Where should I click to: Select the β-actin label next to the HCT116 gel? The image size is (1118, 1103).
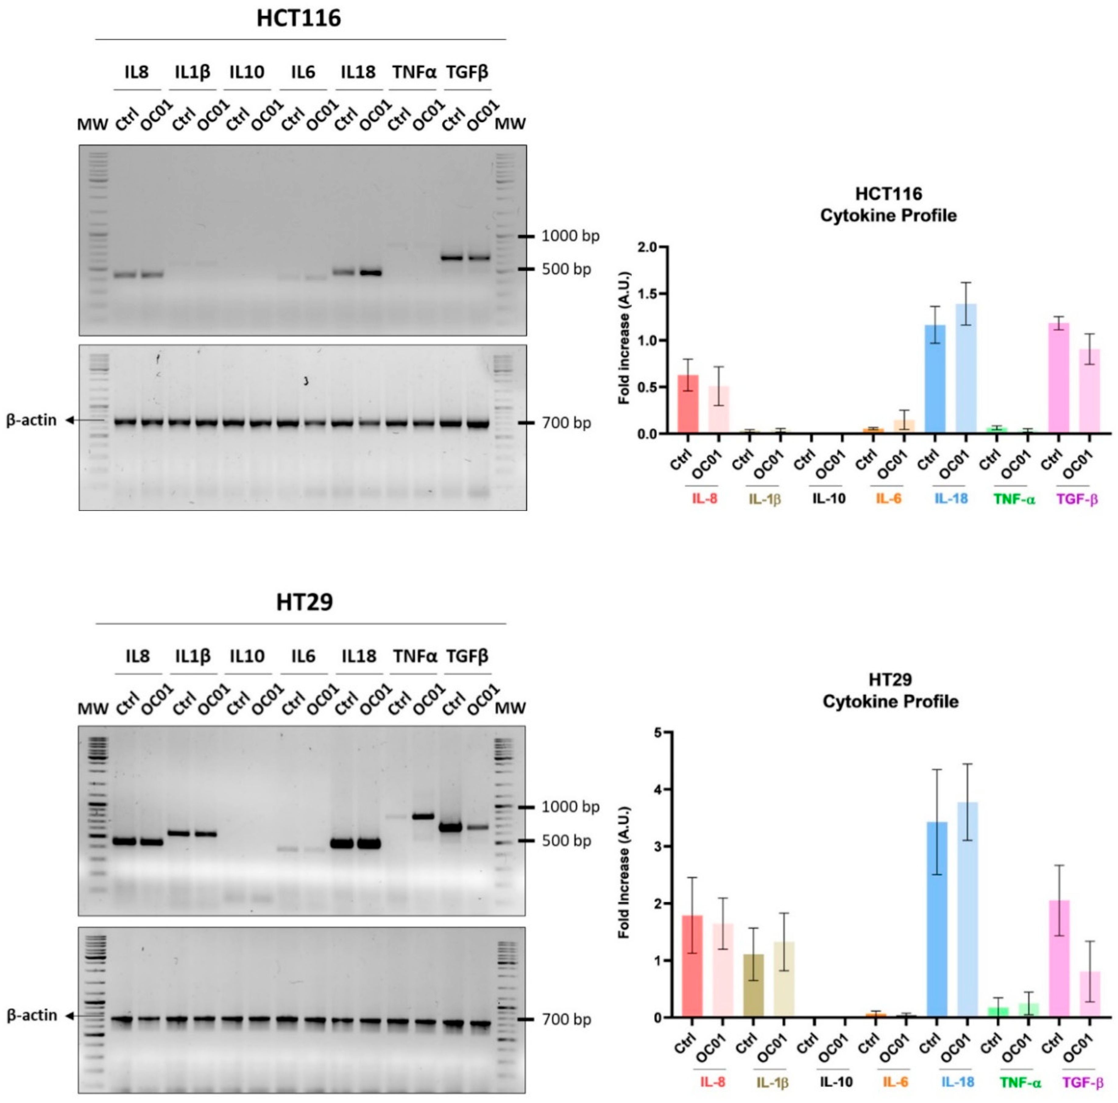32,420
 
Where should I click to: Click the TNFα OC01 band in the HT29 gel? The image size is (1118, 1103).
423,816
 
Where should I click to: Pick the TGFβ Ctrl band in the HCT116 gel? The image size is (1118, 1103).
451,258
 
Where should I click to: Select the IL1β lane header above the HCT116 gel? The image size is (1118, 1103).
192,72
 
